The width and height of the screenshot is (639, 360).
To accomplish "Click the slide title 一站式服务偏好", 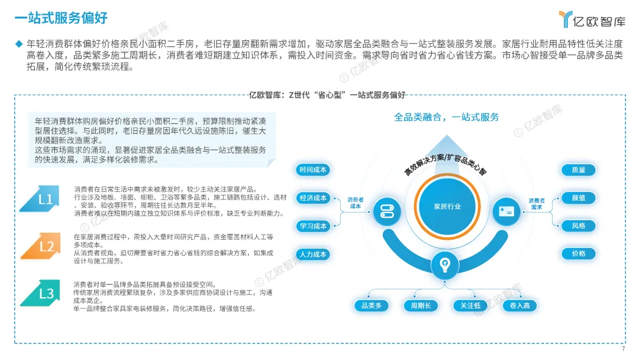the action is pos(61,18).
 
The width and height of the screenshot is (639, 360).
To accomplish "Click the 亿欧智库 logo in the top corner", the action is pos(592,19).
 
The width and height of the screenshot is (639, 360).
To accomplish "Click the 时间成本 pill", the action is pos(313,170).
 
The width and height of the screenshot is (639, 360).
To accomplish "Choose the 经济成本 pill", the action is pos(313,198).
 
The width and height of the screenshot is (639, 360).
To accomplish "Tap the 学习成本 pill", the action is pos(313,226).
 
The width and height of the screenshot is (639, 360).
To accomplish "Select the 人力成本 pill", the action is pos(313,254).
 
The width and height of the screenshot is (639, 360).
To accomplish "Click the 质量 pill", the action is pos(578,170).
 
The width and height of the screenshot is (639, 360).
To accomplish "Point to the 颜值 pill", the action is pos(578,198).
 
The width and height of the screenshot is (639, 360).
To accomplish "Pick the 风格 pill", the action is pos(578,226).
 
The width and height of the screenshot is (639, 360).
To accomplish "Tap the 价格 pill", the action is pos(578,253).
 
